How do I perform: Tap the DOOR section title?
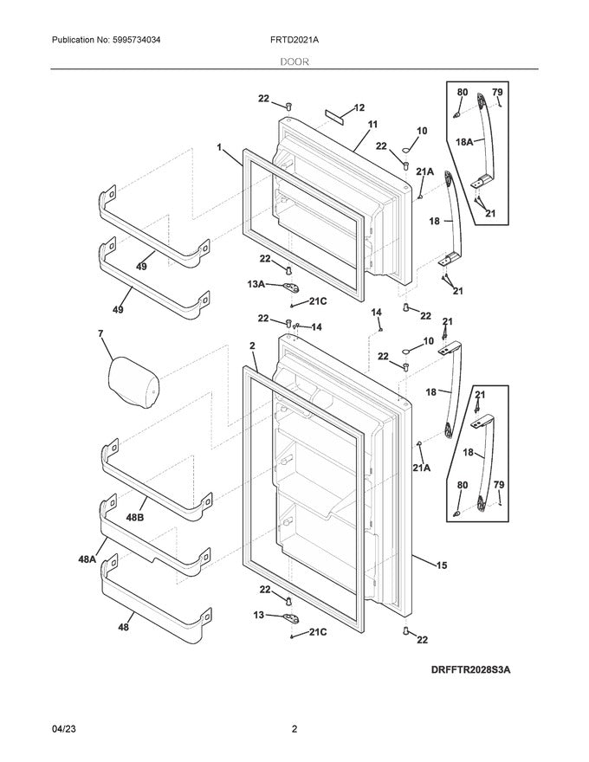tap(294, 62)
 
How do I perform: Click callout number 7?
tap(100, 333)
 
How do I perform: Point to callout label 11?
tap(373, 125)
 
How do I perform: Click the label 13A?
tap(256, 283)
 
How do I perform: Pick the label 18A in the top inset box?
tap(463, 141)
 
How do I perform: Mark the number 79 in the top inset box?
tap(497, 92)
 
